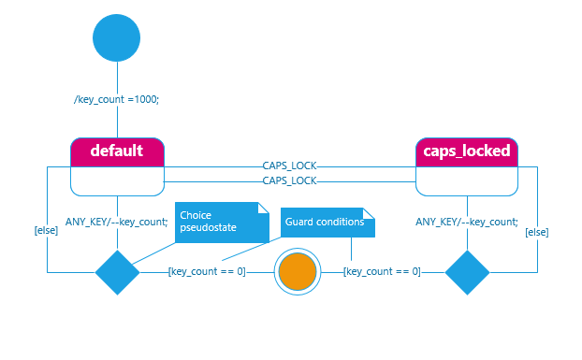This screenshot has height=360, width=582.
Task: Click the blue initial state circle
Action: [117, 38]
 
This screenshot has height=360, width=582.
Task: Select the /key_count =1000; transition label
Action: [117, 100]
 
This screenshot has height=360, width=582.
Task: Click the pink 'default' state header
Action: [117, 151]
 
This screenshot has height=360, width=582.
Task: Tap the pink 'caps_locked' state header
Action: [466, 151]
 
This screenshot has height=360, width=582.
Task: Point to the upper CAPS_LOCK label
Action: [289, 166]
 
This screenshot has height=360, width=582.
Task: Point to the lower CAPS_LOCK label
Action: [289, 180]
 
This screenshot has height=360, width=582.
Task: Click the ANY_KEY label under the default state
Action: [117, 222]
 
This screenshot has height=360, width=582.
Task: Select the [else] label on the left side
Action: [46, 230]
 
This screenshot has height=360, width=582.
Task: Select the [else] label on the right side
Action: [537, 230]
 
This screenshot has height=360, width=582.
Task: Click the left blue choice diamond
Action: [118, 272]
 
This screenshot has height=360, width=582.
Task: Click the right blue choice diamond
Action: [467, 272]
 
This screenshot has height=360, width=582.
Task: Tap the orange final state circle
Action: [298, 272]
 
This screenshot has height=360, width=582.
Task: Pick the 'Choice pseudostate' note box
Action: [221, 222]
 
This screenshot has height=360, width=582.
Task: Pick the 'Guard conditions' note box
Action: [327, 223]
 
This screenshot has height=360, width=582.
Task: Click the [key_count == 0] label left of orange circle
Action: [207, 272]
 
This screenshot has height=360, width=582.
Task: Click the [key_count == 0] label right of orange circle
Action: [382, 272]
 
